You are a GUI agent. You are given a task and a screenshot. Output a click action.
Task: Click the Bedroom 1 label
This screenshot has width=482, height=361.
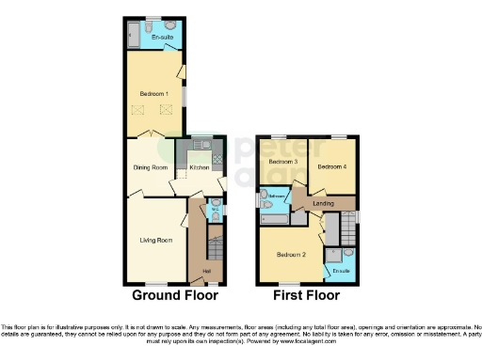(x=154, y=94)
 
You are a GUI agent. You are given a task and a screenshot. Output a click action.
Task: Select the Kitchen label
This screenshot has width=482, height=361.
(x=200, y=167)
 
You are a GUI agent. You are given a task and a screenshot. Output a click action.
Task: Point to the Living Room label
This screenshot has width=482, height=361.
(x=156, y=240)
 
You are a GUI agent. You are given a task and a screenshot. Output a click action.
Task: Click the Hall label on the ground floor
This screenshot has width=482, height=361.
(x=206, y=273)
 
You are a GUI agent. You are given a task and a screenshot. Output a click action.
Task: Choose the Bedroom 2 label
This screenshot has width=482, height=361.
(x=291, y=255)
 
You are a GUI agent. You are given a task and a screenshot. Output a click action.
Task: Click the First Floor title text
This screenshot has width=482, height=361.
(x=306, y=295)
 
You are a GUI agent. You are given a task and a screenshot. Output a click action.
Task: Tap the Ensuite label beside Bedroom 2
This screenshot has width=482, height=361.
(x=341, y=271)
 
